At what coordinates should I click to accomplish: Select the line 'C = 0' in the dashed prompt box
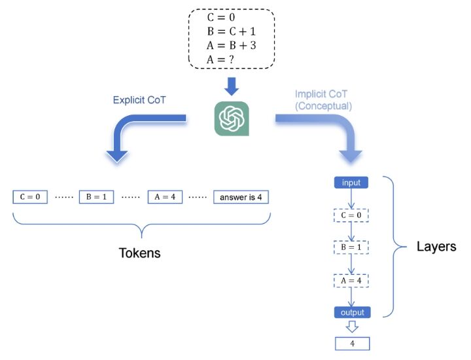pos(222,14)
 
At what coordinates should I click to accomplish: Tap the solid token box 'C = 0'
pos(30,196)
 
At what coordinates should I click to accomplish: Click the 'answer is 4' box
pos(241,196)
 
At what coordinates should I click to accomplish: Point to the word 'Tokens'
pos(141,253)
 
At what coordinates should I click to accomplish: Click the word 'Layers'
pos(436,247)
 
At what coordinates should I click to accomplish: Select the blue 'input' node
pos(351,182)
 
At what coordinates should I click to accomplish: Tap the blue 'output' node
pos(351,312)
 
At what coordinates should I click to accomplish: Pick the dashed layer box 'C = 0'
pos(351,215)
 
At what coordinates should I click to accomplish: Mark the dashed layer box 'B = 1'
pos(351,248)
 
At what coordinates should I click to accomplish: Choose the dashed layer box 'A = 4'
pos(351,281)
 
